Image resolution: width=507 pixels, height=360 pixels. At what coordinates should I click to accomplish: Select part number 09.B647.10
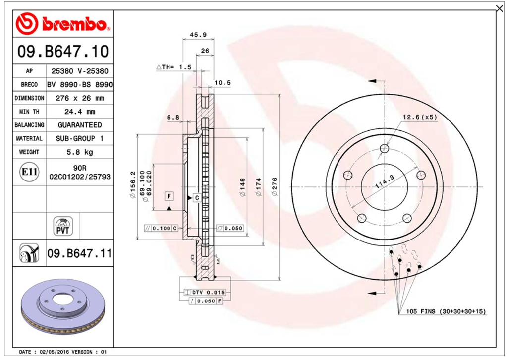click(63, 52)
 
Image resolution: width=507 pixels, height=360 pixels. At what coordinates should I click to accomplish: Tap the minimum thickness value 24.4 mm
click(79, 112)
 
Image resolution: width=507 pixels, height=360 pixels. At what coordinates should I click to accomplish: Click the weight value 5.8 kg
click(79, 152)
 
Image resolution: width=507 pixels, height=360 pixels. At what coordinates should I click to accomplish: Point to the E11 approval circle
click(29, 172)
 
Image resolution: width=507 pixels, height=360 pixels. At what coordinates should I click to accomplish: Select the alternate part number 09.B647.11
click(79, 253)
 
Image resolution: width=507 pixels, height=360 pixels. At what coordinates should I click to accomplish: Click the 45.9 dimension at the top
click(198, 35)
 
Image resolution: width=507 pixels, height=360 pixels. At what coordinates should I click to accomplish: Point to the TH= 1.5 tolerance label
click(174, 67)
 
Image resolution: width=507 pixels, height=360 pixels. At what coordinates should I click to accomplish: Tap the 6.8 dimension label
click(173, 117)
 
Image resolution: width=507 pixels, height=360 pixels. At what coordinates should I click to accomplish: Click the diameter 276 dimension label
click(275, 186)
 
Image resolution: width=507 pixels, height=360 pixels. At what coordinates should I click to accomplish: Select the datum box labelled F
click(169, 196)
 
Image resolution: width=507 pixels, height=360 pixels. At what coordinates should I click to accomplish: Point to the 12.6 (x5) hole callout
click(420, 117)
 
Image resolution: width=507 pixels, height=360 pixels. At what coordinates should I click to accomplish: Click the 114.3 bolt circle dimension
click(385, 182)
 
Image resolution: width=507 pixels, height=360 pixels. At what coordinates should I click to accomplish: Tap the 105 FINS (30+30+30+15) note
click(446, 311)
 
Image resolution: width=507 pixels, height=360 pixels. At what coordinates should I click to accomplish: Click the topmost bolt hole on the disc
click(385, 148)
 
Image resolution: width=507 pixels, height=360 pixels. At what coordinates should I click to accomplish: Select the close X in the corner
click(500, 9)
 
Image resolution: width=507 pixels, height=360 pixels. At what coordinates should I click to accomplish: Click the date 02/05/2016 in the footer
click(55, 352)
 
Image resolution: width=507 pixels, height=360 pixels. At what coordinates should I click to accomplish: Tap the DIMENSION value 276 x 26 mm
click(79, 98)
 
